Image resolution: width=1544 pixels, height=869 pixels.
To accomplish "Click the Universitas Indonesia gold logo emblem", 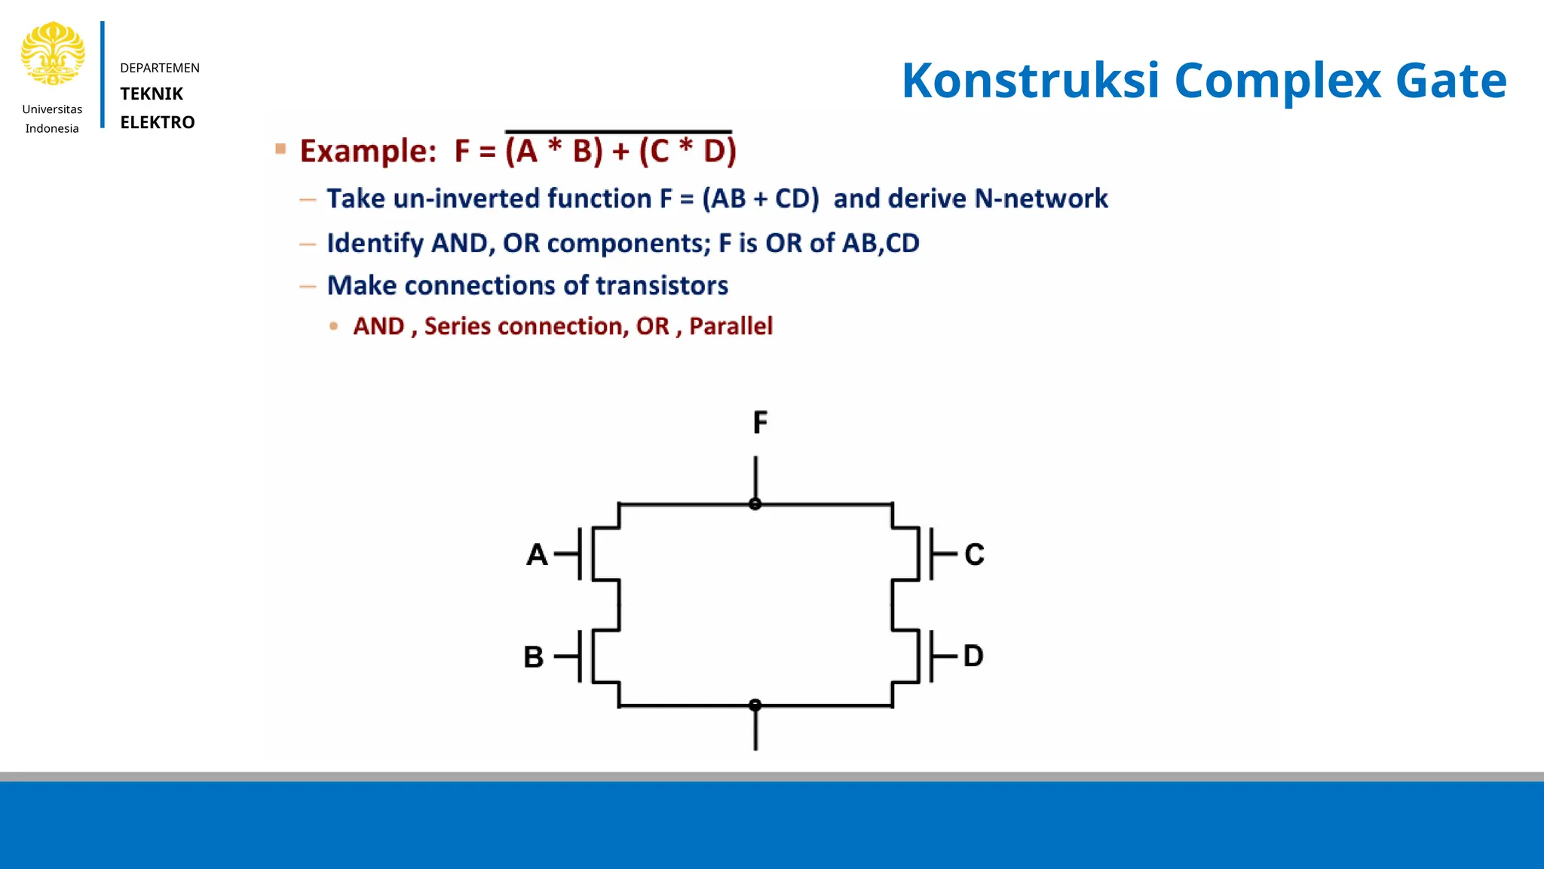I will (53, 54).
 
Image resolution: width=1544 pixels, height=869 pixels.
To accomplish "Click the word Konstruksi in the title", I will (1030, 80).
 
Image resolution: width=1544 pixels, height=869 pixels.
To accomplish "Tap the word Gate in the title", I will (1451, 80).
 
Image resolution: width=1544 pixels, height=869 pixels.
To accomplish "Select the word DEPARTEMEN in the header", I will (160, 68).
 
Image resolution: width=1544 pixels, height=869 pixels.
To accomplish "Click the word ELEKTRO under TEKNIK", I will (158, 122).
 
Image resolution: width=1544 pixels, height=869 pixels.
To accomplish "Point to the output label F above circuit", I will (760, 422).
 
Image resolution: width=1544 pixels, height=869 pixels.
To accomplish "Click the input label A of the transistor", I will (537, 555).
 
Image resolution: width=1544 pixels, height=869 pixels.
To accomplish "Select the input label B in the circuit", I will (534, 657).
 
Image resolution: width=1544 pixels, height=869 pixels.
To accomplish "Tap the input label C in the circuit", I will (974, 554).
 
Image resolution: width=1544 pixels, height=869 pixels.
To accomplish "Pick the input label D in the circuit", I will (973, 656).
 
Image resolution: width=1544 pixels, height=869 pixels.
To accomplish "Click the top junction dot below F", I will (755, 504).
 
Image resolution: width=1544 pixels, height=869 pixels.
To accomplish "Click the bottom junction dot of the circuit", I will (755, 705).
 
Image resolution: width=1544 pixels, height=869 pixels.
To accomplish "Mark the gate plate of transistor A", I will (580, 554).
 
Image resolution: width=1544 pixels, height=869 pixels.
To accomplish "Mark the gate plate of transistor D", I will (932, 656).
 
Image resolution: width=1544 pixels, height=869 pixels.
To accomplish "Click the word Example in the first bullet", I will (367, 151).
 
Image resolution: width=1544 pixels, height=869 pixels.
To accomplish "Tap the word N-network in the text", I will (1041, 198).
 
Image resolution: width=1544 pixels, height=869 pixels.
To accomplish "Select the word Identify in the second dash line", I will (375, 243).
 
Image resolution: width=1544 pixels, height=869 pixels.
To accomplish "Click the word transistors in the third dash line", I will (662, 286).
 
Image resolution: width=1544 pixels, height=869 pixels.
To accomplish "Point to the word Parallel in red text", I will (731, 326).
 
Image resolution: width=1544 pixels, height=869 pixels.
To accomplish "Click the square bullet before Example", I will (281, 149).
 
